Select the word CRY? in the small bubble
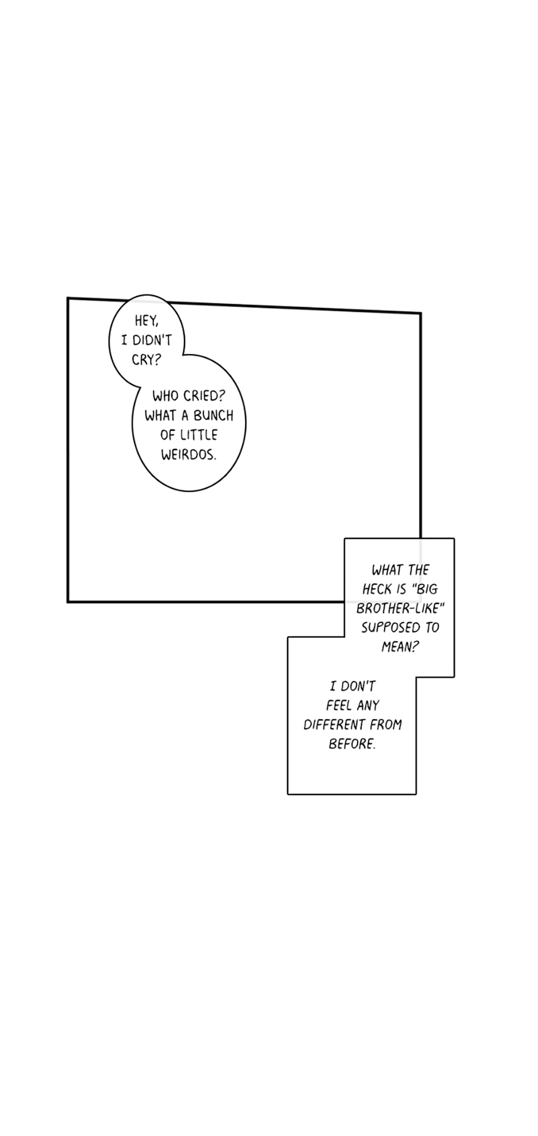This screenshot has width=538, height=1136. click(147, 360)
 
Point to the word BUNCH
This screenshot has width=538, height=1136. click(213, 415)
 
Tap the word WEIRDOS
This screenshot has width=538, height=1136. click(189, 455)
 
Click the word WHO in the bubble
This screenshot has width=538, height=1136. click(166, 396)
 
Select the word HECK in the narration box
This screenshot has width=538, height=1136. click(377, 589)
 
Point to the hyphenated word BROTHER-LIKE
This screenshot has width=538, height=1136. click(401, 608)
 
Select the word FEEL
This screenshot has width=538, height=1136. click(339, 705)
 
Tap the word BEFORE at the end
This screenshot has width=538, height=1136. click(352, 744)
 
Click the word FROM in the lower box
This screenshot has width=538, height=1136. click(386, 725)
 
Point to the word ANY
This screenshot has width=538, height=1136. click(368, 705)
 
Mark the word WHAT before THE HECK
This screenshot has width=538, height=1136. click(387, 570)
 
